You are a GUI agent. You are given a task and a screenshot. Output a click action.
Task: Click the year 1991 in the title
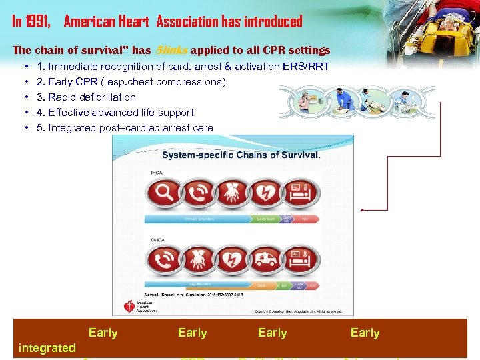tap(38, 21)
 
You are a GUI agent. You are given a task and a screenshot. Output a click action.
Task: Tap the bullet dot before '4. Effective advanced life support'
tap(25, 113)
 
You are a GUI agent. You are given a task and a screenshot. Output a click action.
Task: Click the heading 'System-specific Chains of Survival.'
tap(241, 155)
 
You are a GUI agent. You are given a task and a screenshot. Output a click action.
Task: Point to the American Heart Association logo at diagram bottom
tap(137, 306)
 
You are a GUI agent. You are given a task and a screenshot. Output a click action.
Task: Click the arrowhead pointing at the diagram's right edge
tap(363, 209)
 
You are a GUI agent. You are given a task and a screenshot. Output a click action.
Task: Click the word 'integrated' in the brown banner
tap(47, 347)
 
